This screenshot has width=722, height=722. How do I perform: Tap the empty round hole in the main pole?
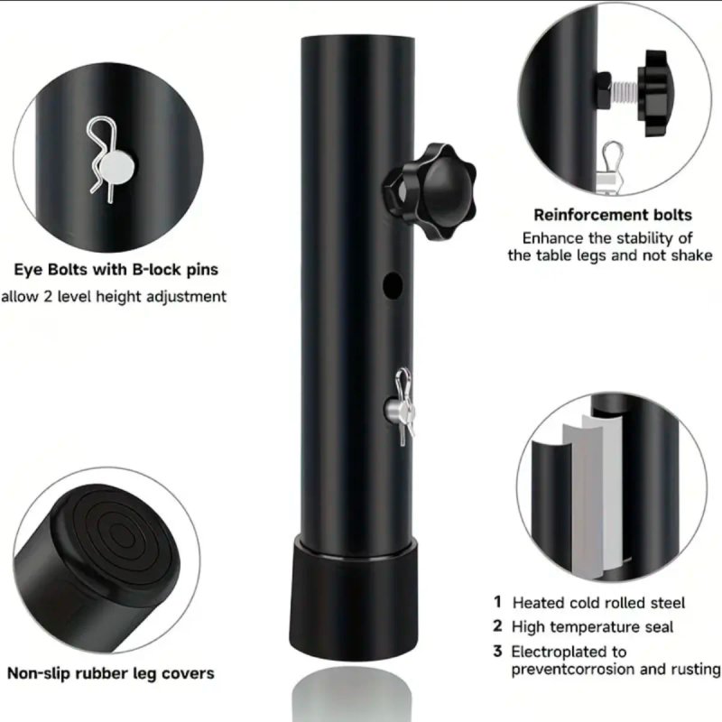pyautogui.click(x=393, y=285)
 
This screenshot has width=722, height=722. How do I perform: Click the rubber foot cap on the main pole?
pyautogui.click(x=354, y=597)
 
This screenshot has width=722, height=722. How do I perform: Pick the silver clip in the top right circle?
pyautogui.click(x=613, y=166)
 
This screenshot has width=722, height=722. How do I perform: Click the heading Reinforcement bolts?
pyautogui.click(x=613, y=215)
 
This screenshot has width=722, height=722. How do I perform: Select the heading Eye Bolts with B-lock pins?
pyautogui.click(x=116, y=269)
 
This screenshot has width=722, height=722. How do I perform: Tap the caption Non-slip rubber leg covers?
pyautogui.click(x=111, y=673)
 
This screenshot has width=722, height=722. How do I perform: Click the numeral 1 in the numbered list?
pyautogui.click(x=497, y=601)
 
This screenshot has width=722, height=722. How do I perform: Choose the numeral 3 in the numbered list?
pyautogui.click(x=497, y=651)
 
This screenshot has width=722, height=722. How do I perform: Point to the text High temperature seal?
pyautogui.click(x=592, y=626)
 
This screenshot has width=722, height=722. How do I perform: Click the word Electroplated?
pyautogui.click(x=561, y=652)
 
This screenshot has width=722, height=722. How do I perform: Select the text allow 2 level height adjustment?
pyautogui.click(x=114, y=297)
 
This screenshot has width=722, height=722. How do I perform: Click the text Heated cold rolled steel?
pyautogui.click(x=598, y=603)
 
